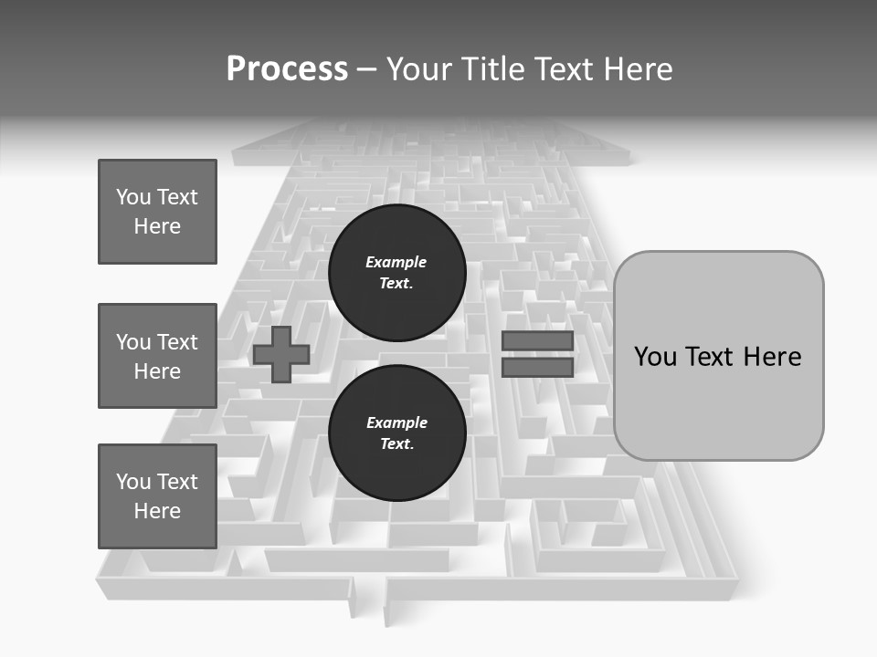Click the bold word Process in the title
tap(287, 69)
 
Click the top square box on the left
tap(157, 212)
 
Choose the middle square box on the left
tap(157, 356)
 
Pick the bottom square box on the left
tap(157, 496)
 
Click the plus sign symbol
tap(281, 355)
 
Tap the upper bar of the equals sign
tap(537, 341)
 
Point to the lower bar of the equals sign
tap(537, 368)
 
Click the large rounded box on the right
tap(718, 401)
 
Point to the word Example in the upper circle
tap(396, 262)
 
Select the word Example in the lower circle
tap(396, 422)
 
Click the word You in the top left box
tap(132, 197)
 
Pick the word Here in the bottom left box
tap(157, 511)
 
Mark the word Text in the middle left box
tap(176, 342)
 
